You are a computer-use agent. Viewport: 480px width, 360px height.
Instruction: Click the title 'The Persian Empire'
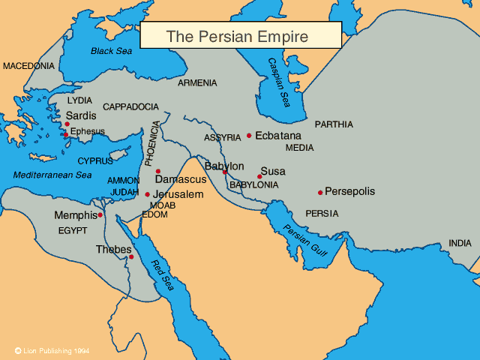240,35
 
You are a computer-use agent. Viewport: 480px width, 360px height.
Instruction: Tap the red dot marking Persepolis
320,193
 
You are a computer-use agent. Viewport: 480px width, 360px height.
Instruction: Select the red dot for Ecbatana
249,136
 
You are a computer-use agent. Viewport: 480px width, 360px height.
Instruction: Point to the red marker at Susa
259,177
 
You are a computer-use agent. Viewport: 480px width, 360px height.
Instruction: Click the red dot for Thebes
131,257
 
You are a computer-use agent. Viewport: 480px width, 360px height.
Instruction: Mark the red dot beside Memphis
100,214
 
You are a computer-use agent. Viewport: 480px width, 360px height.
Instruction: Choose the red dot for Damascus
157,171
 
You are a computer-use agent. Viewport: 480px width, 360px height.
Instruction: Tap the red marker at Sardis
67,124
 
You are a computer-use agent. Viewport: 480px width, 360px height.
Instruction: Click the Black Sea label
111,51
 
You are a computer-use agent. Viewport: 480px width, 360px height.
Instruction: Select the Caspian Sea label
278,82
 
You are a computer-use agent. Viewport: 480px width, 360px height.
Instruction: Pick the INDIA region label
460,243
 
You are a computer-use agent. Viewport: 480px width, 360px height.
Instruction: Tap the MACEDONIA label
28,66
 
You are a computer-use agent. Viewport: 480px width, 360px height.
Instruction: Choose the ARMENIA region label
198,82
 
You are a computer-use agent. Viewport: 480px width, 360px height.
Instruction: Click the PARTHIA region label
334,124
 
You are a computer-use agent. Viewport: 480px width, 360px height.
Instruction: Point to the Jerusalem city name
178,194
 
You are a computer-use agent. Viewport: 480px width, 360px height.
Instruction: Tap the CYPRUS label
96,160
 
